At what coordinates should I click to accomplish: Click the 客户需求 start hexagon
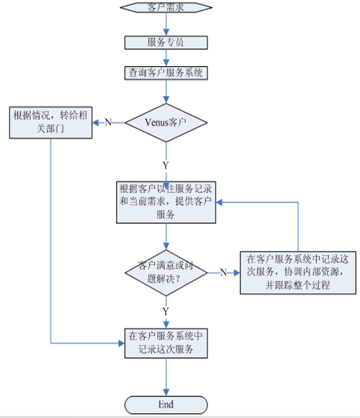(166, 7)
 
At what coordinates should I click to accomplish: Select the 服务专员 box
(166, 42)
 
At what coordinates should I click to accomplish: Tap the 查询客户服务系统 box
(166, 72)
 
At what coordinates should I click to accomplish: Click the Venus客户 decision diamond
(166, 122)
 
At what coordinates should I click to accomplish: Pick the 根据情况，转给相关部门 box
(51, 122)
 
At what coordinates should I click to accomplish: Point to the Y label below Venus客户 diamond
(165, 165)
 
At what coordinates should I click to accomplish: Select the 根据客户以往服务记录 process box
(165, 202)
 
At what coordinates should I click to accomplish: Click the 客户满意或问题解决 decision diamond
(165, 272)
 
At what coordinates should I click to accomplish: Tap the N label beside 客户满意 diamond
(223, 272)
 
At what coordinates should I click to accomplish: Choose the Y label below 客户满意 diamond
(165, 310)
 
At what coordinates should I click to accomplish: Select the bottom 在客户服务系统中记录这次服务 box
(165, 343)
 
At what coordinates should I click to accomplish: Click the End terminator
(165, 404)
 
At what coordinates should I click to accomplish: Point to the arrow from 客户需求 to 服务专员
(166, 24)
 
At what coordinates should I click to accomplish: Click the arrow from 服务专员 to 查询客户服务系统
(166, 58)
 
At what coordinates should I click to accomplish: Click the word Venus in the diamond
(157, 122)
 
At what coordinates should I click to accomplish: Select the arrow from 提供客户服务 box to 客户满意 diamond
(166, 236)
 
